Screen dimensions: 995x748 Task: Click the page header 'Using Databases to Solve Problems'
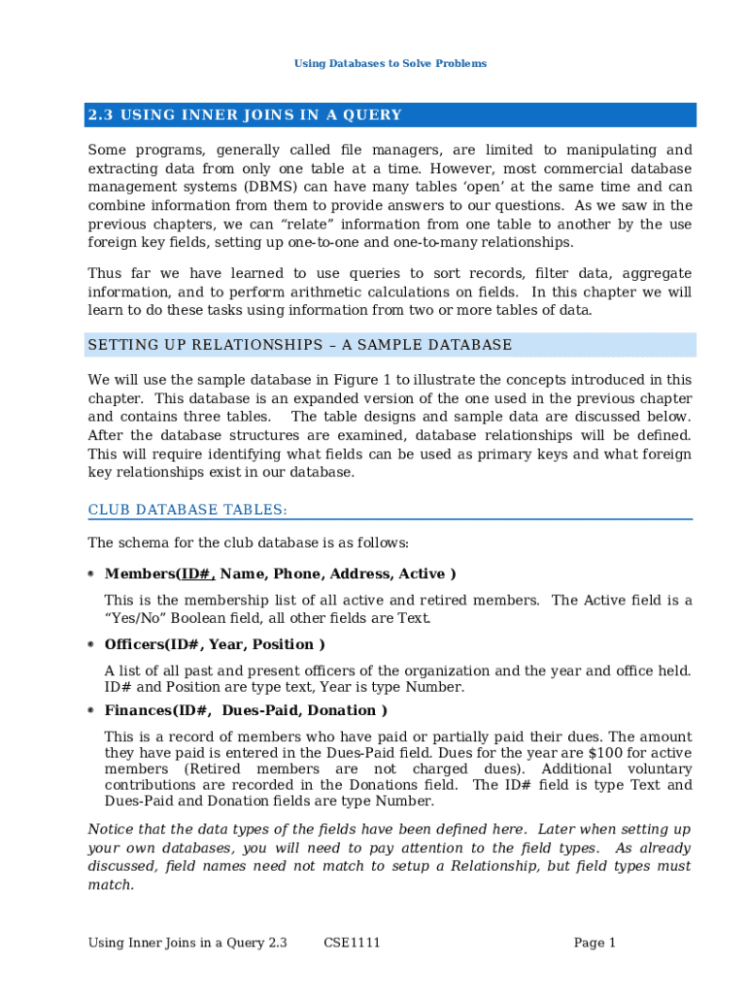(x=390, y=63)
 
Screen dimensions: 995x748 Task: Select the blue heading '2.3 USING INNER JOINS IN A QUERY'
(x=245, y=116)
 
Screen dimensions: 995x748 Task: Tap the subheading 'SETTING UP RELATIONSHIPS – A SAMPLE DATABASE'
(x=299, y=345)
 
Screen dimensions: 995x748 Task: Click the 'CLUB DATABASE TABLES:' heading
(x=187, y=510)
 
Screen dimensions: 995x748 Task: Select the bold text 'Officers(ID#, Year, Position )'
(x=215, y=644)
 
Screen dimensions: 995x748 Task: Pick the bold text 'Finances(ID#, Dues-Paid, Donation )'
(x=246, y=710)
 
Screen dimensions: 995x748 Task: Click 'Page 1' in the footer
(x=595, y=943)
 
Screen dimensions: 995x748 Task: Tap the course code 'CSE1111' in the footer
(x=352, y=943)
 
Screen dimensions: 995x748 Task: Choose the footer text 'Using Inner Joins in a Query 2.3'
(x=187, y=943)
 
